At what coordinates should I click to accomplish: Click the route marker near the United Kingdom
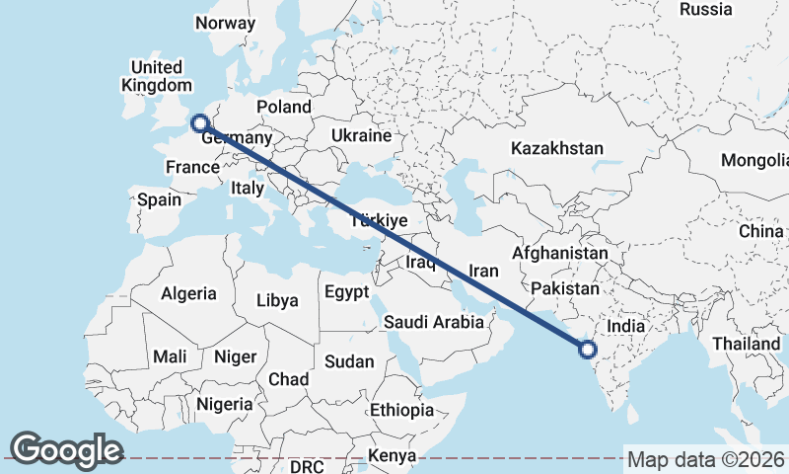point(199,123)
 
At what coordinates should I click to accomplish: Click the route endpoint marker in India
point(588,349)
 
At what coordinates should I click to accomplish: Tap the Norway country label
point(225,23)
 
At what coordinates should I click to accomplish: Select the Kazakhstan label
point(556,148)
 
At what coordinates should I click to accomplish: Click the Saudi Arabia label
point(434,321)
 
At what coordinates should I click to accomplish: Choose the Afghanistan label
point(559,253)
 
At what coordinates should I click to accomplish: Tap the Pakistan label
point(564,288)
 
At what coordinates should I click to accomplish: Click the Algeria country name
point(188,293)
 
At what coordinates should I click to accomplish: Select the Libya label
point(276,300)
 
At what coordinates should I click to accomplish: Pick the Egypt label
point(346,292)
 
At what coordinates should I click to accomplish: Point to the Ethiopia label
point(401,410)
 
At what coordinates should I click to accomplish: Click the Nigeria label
point(226,403)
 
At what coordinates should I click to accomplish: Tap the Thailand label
point(749,343)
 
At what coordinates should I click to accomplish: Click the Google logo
point(66,449)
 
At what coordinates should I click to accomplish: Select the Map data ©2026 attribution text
point(706,459)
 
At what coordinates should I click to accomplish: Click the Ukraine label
point(361,135)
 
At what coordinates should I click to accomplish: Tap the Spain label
point(159,199)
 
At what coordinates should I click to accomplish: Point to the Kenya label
point(392,456)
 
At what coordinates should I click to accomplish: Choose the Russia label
point(706,10)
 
